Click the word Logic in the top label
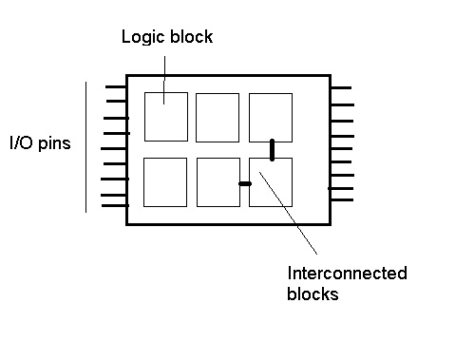point(140,37)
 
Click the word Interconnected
point(347,274)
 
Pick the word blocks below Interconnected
point(313,294)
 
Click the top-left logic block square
point(166,116)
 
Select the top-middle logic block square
point(218,117)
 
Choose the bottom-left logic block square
point(165,181)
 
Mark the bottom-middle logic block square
point(218,181)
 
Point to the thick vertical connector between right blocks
point(273,149)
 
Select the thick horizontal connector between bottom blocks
point(245,183)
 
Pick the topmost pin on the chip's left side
point(116,86)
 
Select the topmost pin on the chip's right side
point(341,87)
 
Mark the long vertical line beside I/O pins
point(87,147)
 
